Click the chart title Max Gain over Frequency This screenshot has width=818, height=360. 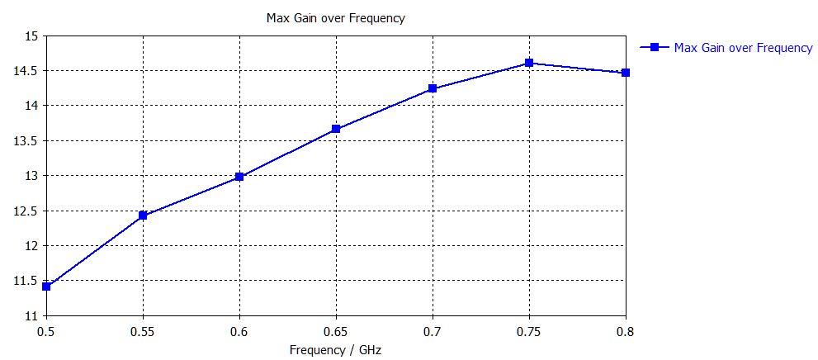(335, 17)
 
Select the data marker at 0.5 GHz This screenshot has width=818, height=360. (47, 287)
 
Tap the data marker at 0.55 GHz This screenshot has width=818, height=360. (143, 216)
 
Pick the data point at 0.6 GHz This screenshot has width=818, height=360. (239, 177)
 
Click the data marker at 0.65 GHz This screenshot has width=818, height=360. (336, 129)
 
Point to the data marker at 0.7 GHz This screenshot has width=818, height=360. (433, 88)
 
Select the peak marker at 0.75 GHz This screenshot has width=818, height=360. (529, 63)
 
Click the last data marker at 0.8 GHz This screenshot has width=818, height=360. (626, 73)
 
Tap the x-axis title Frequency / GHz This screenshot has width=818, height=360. (335, 349)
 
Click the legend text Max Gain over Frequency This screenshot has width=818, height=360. (743, 48)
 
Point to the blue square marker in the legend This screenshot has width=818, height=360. (654, 47)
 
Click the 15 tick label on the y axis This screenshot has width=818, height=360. (31, 36)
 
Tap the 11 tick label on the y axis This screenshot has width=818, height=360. (31, 316)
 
